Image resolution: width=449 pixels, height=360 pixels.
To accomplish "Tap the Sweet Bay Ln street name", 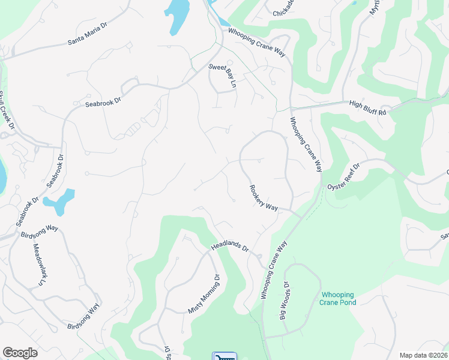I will coord(222,75).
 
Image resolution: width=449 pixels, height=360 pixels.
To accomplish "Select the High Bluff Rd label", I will coord(368,106).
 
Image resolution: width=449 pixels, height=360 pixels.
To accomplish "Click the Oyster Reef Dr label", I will coord(343,178).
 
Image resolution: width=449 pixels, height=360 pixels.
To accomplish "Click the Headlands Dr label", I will coord(229,247).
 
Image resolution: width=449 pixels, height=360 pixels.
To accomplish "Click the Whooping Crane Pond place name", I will coord(338,298).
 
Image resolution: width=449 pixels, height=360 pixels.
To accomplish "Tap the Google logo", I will coord(20,352).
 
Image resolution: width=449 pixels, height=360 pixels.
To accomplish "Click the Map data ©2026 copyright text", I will coord(423,355).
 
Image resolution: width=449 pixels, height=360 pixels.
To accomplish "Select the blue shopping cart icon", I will coord(224,356).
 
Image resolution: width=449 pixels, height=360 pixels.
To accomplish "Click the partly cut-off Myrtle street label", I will coord(376,7).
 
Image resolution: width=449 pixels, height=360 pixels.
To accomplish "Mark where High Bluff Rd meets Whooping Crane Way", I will coord(291,108).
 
